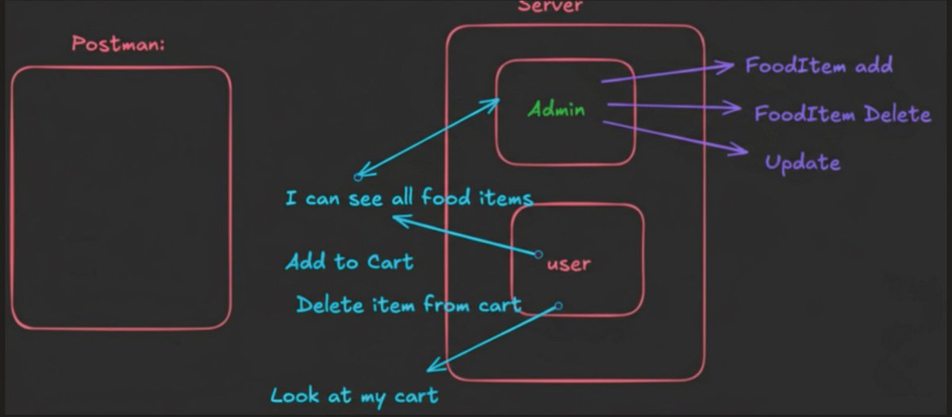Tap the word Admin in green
point(557,109)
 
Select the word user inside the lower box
point(569,263)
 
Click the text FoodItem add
point(819,65)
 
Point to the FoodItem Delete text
point(842,114)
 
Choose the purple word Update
point(802,163)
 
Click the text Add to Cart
point(349,262)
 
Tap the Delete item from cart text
point(409,304)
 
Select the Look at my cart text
point(354,395)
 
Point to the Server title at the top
point(550,6)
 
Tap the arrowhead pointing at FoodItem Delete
point(735,109)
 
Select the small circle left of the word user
point(539,254)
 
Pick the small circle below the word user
point(559,305)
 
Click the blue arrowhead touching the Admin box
point(495,101)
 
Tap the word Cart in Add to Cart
point(390,262)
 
